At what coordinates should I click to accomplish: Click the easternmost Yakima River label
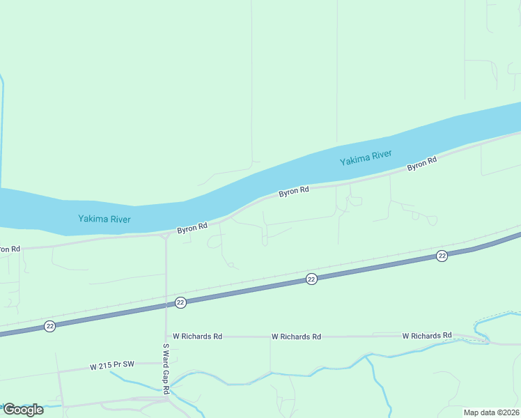point(366,158)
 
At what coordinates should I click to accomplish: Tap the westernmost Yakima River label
point(104,219)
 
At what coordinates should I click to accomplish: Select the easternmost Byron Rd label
point(422,165)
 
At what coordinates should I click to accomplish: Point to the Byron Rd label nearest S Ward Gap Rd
point(192,228)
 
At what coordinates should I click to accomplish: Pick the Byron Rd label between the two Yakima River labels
point(293,191)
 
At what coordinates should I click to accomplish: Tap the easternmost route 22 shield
point(442,256)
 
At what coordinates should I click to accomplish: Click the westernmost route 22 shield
point(49,326)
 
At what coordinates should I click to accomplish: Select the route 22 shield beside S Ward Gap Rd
point(180,302)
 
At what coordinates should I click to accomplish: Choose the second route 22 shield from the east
point(311,279)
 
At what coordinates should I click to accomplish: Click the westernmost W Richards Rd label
point(197,336)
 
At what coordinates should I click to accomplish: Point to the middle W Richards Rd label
point(296,336)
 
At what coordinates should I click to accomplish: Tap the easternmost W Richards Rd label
point(427,336)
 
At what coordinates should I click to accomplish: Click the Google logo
point(22,410)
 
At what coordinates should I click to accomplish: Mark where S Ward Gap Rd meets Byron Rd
point(166,235)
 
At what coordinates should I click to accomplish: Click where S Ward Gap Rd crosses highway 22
point(166,304)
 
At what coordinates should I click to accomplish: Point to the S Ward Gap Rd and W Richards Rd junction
point(166,336)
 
